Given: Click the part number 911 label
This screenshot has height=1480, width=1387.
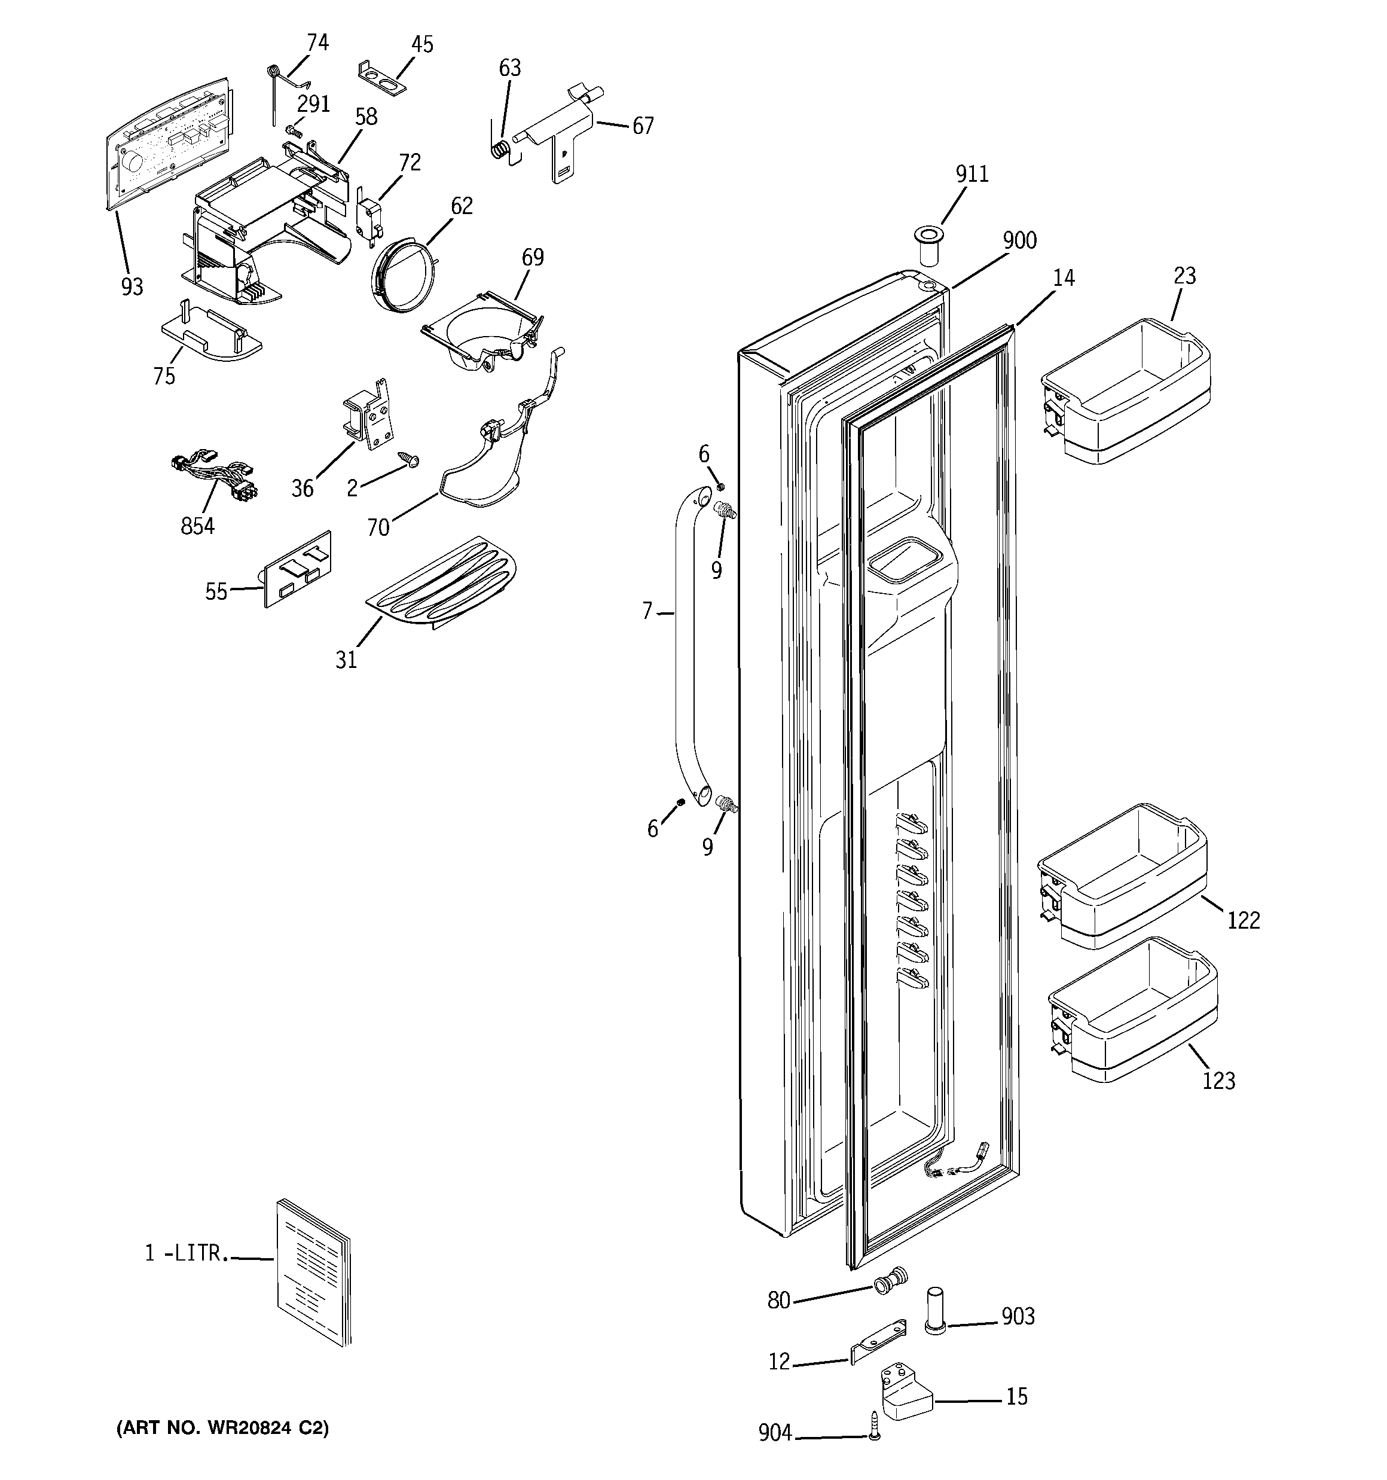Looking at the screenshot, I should [971, 174].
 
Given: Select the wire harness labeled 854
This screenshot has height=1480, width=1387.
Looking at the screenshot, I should [215, 481].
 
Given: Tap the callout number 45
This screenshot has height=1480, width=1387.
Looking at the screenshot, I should [421, 45].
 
